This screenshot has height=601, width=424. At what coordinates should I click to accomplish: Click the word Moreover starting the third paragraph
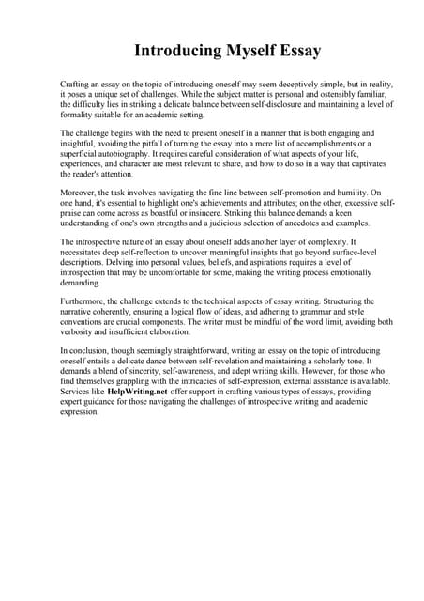pyautogui.click(x=80, y=193)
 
